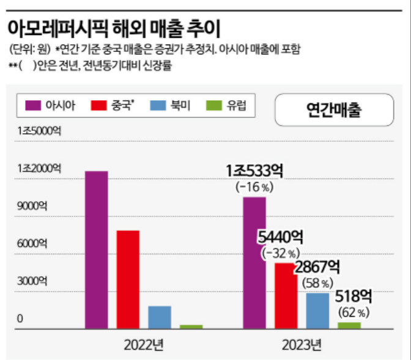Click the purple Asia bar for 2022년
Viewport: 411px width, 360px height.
[97, 249]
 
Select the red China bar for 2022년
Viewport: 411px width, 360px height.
[128, 279]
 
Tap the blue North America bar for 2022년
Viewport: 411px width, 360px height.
[160, 317]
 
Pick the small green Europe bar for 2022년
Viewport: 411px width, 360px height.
[191, 327]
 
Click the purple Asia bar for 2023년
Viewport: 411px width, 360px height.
[254, 263]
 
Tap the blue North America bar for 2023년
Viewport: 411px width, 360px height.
[317, 311]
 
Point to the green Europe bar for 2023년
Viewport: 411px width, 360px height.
[349, 326]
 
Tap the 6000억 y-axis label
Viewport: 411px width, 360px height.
[32, 243]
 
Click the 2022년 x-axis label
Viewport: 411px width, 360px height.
[144, 345]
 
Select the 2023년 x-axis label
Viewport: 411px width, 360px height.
[302, 345]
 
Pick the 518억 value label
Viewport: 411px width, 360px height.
[354, 297]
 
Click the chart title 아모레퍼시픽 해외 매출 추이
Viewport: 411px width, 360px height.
[114, 29]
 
